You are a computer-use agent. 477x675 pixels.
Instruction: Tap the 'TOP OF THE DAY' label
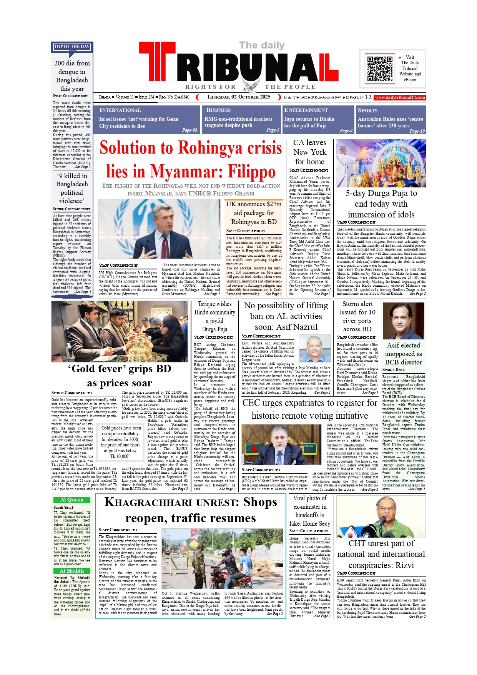[72, 47]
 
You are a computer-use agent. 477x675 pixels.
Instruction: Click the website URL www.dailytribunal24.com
[400, 97]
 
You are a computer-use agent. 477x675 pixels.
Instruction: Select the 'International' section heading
[120, 110]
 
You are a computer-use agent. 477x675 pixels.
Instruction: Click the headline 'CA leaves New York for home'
[310, 152]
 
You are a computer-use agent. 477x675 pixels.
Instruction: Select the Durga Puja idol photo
[381, 163]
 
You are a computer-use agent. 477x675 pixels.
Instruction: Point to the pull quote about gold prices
[121, 442]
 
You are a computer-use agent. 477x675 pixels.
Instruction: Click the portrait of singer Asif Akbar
[403, 321]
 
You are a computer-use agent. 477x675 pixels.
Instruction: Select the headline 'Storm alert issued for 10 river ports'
[357, 316]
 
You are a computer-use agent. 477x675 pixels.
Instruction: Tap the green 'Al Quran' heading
[72, 500]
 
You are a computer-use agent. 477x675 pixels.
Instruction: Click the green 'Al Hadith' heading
[72, 571]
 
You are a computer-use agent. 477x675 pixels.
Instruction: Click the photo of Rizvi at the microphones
[381, 517]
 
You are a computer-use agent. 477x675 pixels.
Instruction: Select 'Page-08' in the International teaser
[189, 130]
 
